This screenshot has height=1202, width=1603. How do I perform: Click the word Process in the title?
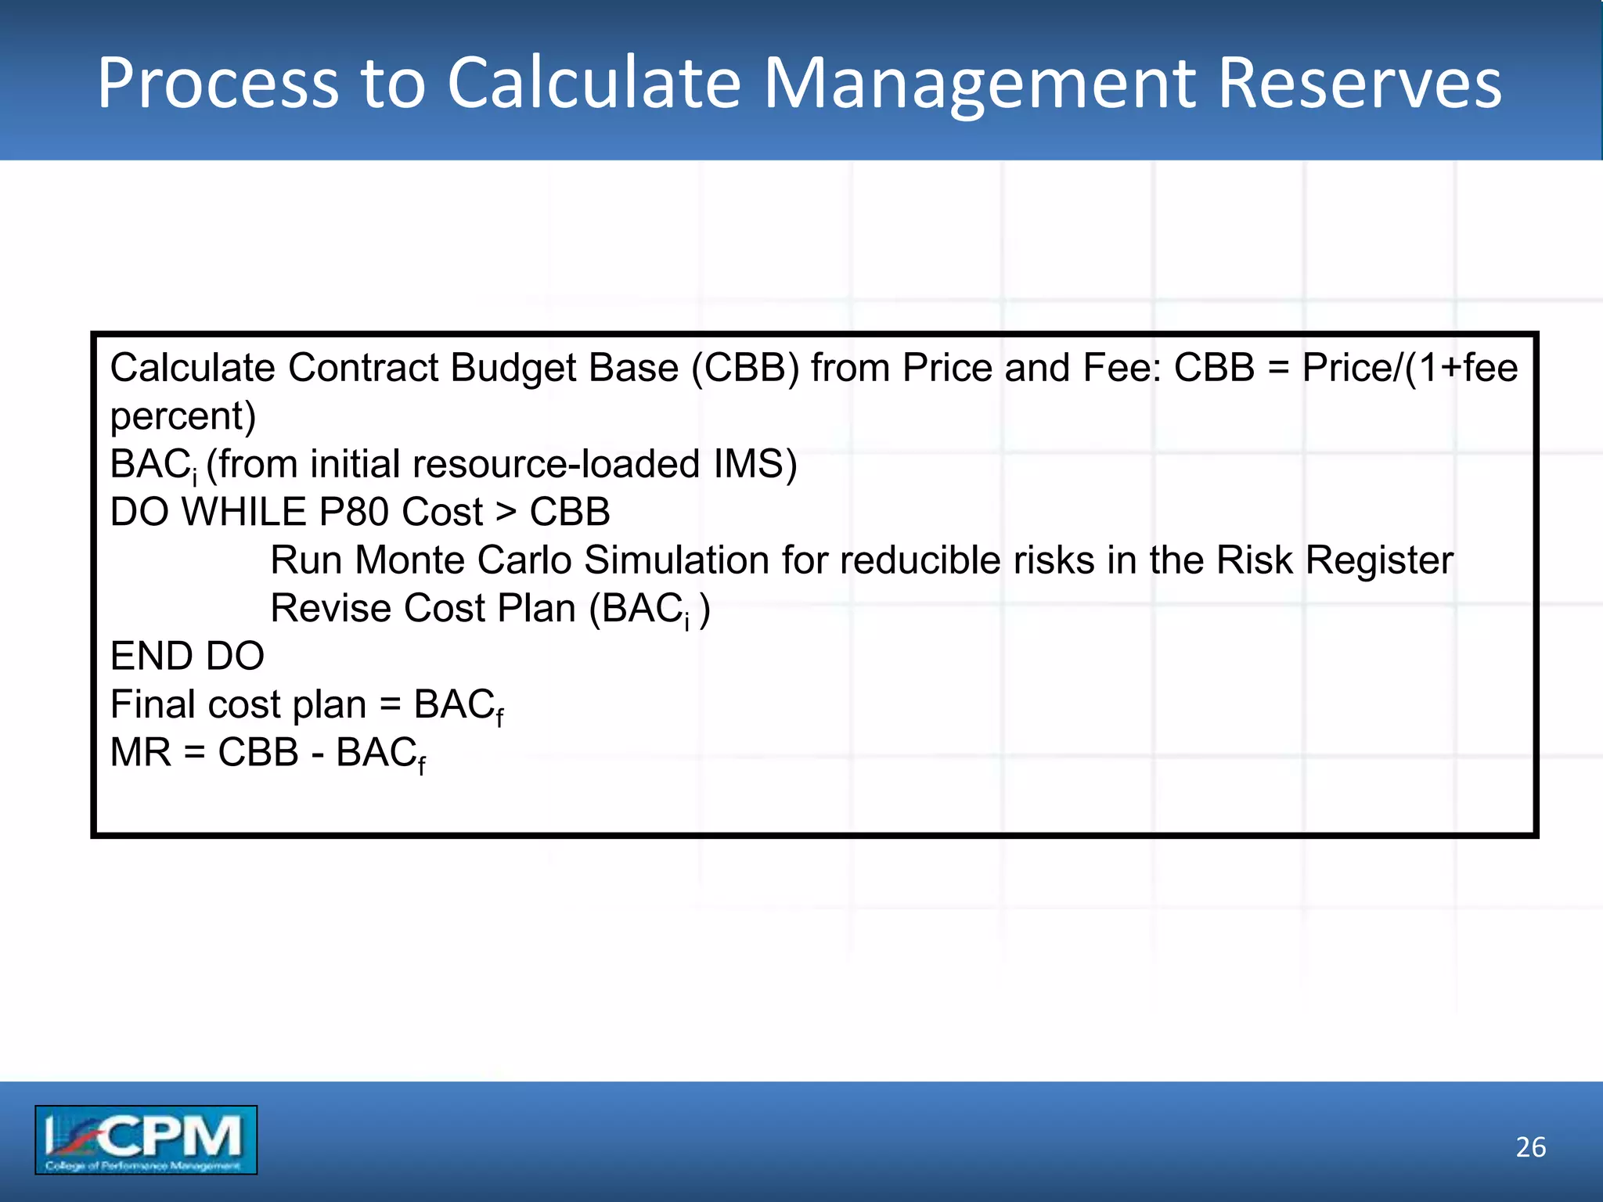click(x=218, y=83)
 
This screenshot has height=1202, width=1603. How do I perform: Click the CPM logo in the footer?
click(x=146, y=1139)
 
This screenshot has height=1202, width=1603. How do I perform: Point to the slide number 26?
click(x=1530, y=1146)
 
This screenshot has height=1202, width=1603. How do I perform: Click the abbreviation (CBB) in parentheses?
click(x=745, y=368)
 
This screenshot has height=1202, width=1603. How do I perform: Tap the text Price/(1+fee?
click(x=1410, y=368)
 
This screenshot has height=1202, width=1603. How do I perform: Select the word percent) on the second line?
click(x=183, y=416)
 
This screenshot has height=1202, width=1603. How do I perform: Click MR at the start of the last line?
click(x=140, y=752)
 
